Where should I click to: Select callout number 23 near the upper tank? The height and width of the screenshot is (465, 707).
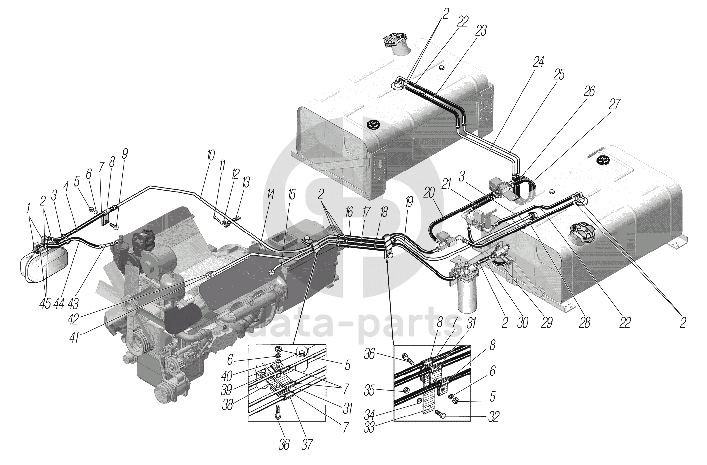(x=481, y=31)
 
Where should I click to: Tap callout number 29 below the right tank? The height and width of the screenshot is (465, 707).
(x=547, y=323)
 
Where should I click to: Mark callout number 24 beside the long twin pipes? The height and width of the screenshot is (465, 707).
(x=537, y=62)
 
